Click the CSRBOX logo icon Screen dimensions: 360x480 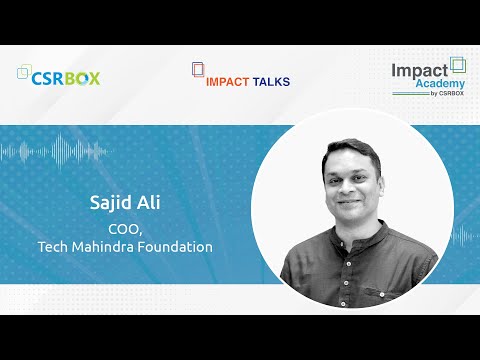pyautogui.click(x=27, y=74)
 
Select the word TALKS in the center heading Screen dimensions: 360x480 pyautogui.click(x=272, y=79)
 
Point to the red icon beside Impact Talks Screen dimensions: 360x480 pyautogui.click(x=197, y=72)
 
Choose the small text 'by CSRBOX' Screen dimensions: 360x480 pyautogui.click(x=447, y=98)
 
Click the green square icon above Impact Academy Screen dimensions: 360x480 pyautogui.click(x=458, y=63)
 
